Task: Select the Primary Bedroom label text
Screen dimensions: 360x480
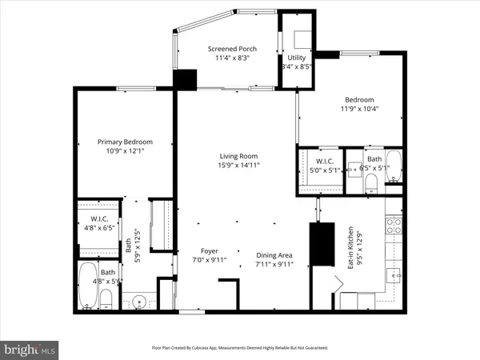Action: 125,142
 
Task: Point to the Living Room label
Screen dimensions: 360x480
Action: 239,156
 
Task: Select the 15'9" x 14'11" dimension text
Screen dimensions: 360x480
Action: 239,165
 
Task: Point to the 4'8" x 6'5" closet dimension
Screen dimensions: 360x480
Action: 100,228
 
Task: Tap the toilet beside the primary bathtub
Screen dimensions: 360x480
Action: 106,299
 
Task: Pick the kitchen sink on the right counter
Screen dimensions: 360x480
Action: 392,274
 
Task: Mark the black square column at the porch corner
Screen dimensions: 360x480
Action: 186,79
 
